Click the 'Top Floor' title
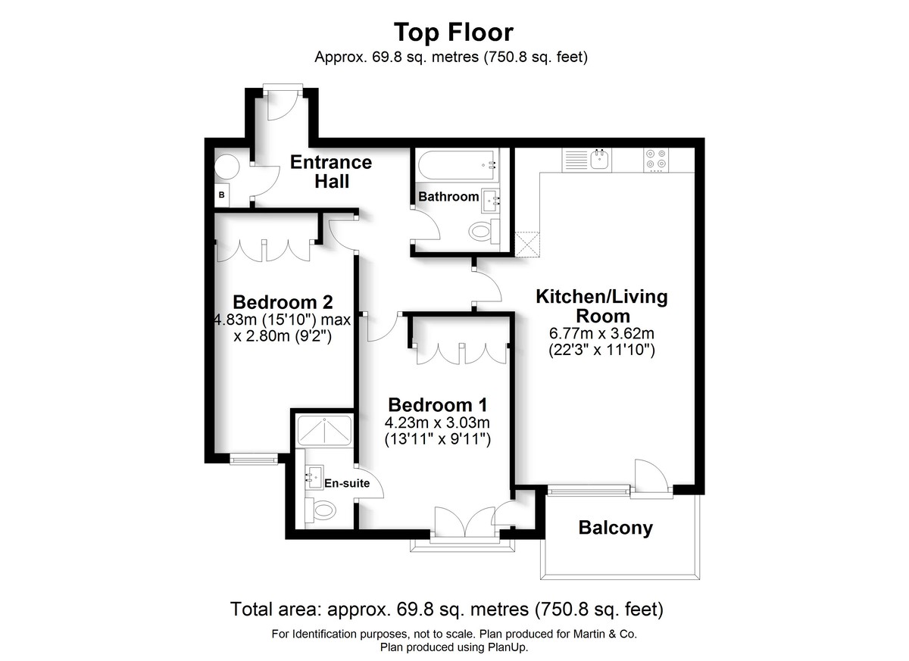[453, 33]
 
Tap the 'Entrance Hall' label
[331, 172]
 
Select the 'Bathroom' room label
[448, 197]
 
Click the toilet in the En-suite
[321, 511]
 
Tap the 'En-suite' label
[346, 483]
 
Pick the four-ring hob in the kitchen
[656, 159]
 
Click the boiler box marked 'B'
[222, 195]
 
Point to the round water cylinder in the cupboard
[226, 166]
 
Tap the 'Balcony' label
[615, 528]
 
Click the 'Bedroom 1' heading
[438, 404]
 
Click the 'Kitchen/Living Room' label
[601, 306]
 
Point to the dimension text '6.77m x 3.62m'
[601, 333]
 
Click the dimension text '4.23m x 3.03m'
[438, 422]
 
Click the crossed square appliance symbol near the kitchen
[526, 244]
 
